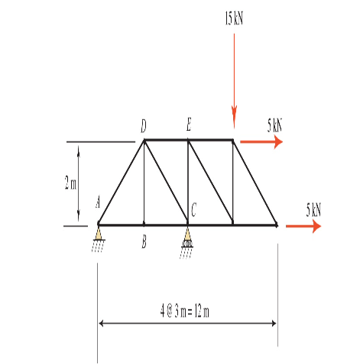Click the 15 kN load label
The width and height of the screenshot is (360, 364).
coord(234,18)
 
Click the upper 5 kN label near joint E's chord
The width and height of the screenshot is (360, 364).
coord(275,125)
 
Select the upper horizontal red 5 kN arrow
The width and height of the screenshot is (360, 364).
coord(261,141)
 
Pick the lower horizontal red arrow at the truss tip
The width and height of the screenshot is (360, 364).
coord(303,226)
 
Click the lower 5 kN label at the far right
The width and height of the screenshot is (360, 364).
coord(313,210)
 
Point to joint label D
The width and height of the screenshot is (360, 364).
coord(144,126)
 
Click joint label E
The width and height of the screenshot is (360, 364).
coord(189,125)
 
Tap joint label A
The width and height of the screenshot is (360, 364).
coord(99,203)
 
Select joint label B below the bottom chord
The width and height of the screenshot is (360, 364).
coord(144,242)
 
